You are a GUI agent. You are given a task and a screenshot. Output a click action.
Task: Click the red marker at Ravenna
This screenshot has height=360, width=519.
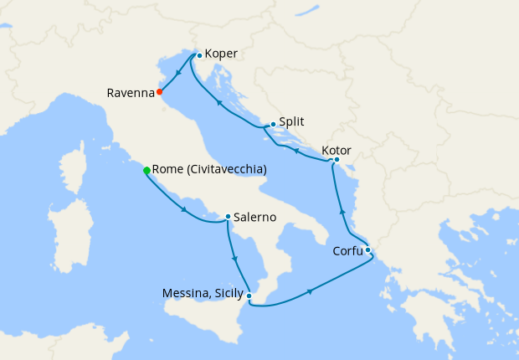click(160, 92)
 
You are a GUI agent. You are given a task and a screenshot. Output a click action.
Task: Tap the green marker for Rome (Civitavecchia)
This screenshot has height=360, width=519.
click(147, 170)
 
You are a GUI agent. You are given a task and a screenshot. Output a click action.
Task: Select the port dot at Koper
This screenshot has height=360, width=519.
click(198, 55)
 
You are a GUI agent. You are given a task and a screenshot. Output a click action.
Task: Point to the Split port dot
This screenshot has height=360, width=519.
click(273, 124)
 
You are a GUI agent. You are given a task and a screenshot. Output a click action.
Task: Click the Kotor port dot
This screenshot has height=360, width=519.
click(337, 159)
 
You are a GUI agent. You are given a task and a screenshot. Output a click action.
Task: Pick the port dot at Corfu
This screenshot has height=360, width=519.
click(367, 249)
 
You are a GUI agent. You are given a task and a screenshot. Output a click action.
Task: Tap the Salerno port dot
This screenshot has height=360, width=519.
click(228, 217)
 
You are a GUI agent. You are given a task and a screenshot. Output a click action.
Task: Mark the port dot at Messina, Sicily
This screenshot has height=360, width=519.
click(250, 294)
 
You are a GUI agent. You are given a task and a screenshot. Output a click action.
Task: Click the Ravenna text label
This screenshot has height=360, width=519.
click(130, 92)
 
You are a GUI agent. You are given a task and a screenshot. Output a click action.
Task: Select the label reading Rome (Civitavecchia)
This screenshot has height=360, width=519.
click(209, 169)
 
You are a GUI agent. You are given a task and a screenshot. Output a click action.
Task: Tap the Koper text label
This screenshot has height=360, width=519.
click(221, 54)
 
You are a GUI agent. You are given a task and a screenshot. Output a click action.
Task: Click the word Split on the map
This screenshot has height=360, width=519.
click(291, 121)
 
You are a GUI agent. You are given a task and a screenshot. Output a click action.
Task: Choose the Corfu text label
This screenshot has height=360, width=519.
click(345, 249)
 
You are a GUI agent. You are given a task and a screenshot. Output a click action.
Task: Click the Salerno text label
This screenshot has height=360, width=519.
click(255, 217)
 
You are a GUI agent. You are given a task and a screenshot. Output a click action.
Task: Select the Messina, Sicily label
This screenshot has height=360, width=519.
click(203, 293)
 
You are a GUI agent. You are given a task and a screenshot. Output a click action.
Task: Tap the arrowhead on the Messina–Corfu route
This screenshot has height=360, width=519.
click(311, 291)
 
